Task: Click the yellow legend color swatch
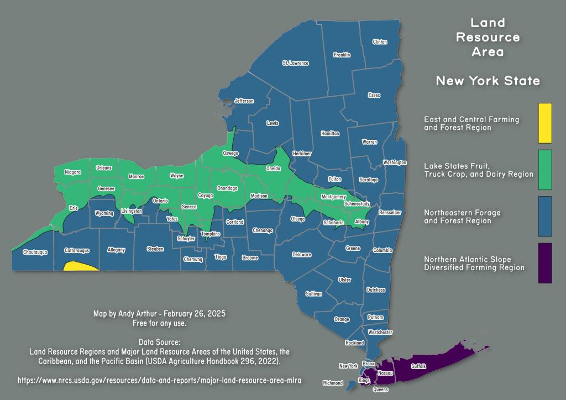point(544,123)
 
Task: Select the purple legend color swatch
point(544,263)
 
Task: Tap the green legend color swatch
point(544,169)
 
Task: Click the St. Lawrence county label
point(295,63)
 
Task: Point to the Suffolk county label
point(418,366)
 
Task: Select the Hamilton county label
point(330,134)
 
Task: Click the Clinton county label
point(380,42)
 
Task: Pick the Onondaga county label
point(227,188)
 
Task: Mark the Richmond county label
point(333,383)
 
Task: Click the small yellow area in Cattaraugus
point(79,267)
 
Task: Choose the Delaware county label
point(301,255)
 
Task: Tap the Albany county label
point(361,221)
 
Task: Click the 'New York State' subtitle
point(488,81)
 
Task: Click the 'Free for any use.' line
point(159,322)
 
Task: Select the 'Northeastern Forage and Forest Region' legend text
point(457,216)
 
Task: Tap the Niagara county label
point(72,172)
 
